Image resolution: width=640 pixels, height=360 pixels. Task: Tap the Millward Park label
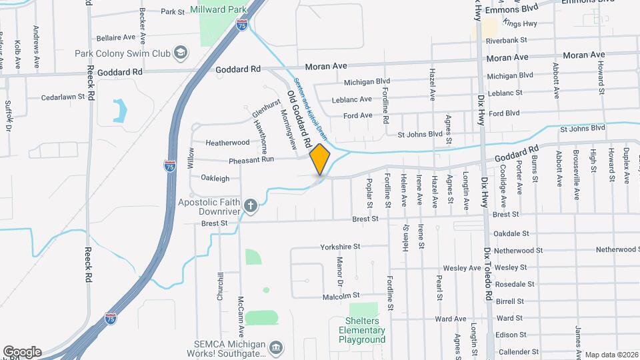coord(218,10)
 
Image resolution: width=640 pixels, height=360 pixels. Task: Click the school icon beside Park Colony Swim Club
coord(180,53)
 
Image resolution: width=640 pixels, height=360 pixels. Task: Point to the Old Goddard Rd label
coord(299,119)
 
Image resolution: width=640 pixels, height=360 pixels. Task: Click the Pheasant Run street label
coord(251,160)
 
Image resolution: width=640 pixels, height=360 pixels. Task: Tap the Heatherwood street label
coord(227,143)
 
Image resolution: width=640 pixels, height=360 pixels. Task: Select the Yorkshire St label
coord(339,247)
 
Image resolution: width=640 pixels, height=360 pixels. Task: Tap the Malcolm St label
coord(341,295)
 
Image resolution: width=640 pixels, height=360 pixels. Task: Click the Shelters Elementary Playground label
coord(363,330)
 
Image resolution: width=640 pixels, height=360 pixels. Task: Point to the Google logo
coord(22,352)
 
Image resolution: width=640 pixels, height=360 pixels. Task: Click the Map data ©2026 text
coord(611,354)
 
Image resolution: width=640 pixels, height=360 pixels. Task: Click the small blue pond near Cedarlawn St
coord(120,110)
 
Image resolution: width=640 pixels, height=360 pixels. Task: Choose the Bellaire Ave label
coord(116,37)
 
